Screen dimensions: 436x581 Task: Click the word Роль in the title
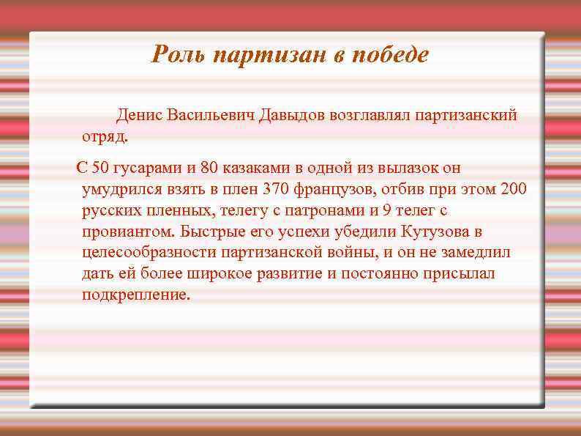174,55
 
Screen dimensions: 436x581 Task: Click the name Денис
139,115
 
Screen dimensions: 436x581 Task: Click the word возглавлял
370,115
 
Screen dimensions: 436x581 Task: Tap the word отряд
105,136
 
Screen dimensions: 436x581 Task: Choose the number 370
277,189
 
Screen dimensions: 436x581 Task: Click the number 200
513,189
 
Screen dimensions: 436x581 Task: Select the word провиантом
129,232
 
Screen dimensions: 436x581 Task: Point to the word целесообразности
149,253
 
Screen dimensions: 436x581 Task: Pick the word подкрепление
136,295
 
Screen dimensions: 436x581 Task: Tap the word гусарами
143,168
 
